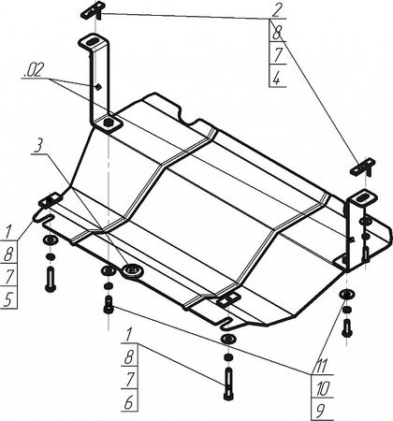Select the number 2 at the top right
click(277, 11)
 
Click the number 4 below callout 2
click(277, 79)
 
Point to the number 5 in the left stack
click(8, 299)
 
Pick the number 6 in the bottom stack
click(129, 402)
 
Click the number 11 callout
click(321, 366)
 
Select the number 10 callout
click(322, 389)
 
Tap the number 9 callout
click(319, 412)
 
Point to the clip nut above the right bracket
click(363, 167)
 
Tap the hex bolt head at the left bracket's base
click(109, 123)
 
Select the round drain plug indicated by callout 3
click(133, 270)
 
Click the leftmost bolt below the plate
click(51, 280)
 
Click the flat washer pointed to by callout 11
click(347, 294)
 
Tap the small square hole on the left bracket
click(98, 86)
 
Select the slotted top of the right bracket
click(362, 198)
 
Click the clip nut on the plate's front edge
click(228, 298)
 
